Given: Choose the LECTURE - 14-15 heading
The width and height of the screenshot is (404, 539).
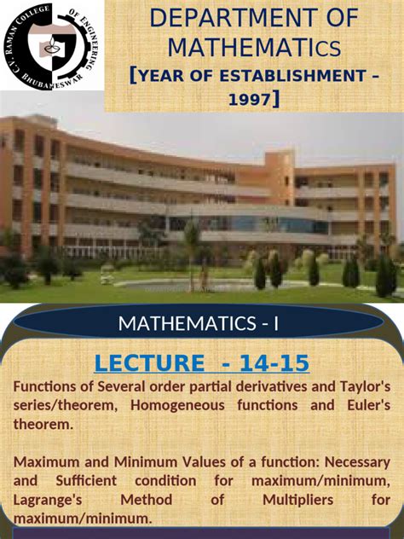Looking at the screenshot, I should click(201, 363).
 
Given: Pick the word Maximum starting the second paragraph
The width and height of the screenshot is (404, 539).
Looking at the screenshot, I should click(43, 462).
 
